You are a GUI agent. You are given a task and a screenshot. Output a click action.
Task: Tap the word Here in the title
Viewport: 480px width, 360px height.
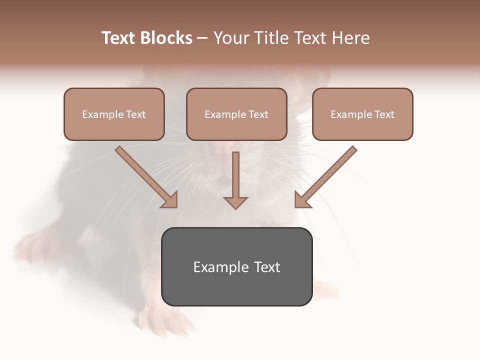tap(351, 38)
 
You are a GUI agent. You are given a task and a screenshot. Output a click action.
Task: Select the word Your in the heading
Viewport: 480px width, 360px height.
tap(231, 38)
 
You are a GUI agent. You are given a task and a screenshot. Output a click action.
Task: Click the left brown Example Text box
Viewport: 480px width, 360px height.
tap(114, 114)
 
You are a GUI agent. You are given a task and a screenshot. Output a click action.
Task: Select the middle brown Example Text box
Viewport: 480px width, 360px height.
tap(236, 114)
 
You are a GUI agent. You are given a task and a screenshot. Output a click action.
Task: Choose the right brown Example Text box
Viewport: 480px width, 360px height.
tap(362, 114)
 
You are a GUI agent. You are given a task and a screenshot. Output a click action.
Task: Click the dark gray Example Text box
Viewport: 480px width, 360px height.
tap(236, 266)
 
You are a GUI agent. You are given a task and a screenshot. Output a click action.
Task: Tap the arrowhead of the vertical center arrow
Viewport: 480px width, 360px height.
tap(235, 202)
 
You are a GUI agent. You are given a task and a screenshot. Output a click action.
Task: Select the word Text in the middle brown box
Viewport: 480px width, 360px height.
tap(258, 114)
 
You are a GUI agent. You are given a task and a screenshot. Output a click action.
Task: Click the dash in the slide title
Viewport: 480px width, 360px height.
tap(202, 38)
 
